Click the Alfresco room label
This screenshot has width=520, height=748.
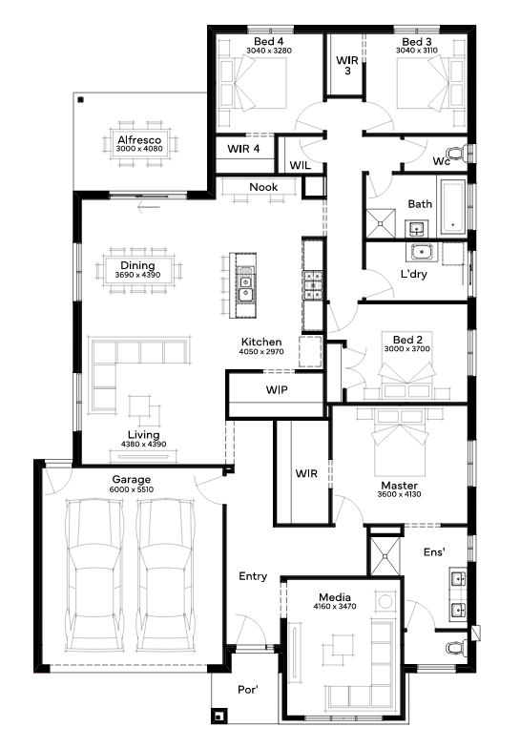click(x=139, y=139)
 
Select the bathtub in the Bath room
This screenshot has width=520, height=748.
click(x=452, y=207)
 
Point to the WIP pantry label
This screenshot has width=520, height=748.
click(x=277, y=389)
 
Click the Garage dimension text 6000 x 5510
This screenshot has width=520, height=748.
click(x=132, y=489)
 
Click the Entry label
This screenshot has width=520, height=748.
click(x=253, y=576)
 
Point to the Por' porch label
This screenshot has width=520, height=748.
click(x=248, y=689)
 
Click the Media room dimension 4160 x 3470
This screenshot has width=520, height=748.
click(x=335, y=607)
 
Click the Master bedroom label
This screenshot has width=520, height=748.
click(x=399, y=485)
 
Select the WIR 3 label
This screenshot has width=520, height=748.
click(x=347, y=65)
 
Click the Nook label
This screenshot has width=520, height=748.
click(x=263, y=187)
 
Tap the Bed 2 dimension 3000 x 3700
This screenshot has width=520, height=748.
click(x=406, y=349)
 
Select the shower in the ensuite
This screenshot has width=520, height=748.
click(x=385, y=555)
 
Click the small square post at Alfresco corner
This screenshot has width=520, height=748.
click(x=80, y=99)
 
